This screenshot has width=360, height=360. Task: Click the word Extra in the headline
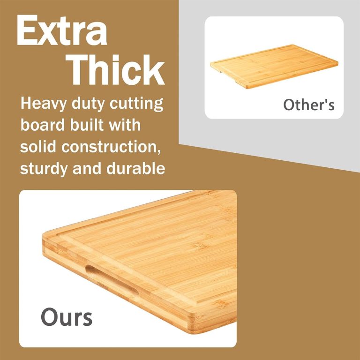point(62,30)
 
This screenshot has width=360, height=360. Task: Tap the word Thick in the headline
point(115,70)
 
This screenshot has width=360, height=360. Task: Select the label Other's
point(309,105)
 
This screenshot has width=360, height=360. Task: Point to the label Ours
point(67,317)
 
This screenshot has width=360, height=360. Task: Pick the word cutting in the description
point(136,104)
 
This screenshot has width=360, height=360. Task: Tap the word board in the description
point(43,125)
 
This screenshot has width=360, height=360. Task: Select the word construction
point(111,147)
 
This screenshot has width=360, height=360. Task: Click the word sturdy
point(44,169)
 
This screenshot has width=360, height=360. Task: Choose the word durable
point(135,168)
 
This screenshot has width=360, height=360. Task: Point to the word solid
point(38,146)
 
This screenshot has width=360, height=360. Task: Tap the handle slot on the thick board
point(112,281)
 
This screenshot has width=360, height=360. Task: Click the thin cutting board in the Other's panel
point(274,67)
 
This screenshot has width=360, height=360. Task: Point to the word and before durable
point(87,168)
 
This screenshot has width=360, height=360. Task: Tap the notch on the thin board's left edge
point(220,72)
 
